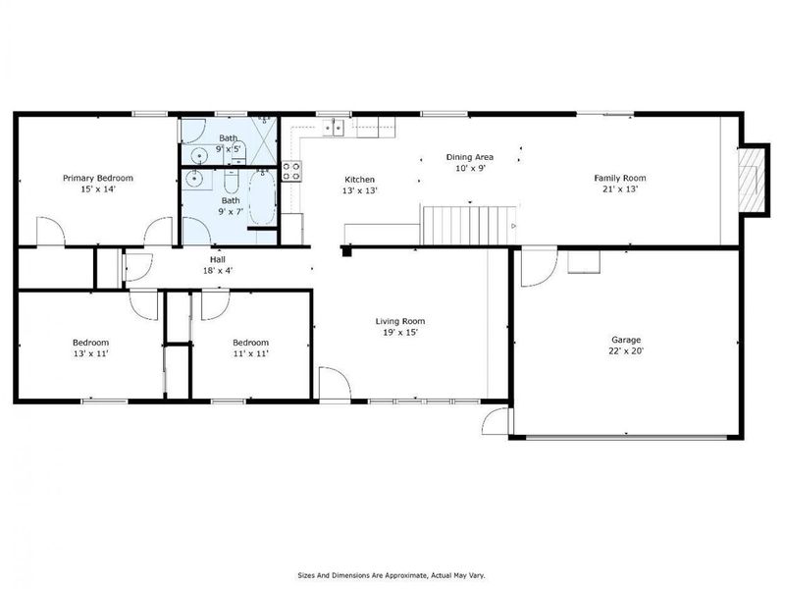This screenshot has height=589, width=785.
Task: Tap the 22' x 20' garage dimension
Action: pyautogui.click(x=627, y=350)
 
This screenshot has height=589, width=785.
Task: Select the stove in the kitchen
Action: pyautogui.click(x=291, y=171)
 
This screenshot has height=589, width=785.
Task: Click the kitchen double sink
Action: pyautogui.click(x=336, y=127)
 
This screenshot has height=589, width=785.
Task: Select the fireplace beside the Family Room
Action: pyautogui.click(x=751, y=178)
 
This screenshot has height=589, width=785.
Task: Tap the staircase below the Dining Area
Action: pyautogui.click(x=468, y=225)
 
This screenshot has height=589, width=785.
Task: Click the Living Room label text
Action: pyautogui.click(x=400, y=321)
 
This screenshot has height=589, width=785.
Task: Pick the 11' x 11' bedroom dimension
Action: pyautogui.click(x=250, y=353)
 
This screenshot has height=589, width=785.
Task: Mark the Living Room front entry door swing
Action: pyautogui.click(x=332, y=383)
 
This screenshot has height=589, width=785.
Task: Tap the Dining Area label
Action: pyautogui.click(x=469, y=156)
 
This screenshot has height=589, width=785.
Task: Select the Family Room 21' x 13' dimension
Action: pyautogui.click(x=620, y=189)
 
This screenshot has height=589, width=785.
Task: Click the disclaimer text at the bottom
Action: pyautogui.click(x=392, y=575)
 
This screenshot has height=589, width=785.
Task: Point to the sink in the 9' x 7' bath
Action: pyautogui.click(x=194, y=180)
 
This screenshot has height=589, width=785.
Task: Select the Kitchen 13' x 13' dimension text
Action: pyautogui.click(x=359, y=190)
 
